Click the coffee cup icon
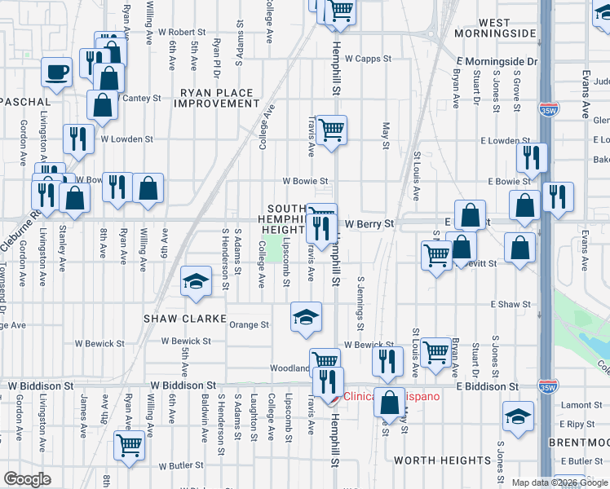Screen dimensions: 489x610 tap(57, 72)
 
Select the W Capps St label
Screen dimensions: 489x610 tap(368, 59)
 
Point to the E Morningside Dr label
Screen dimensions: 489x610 tap(497, 61)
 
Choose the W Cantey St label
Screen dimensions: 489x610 tap(139, 98)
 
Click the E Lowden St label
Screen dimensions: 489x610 tap(488, 140)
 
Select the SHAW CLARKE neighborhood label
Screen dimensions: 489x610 tap(179, 318)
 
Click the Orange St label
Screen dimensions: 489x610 tap(248, 324)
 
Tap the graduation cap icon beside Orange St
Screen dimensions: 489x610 tap(306, 317)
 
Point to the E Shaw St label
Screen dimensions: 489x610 tap(511, 304)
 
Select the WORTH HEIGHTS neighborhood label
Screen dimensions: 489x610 tap(442, 460)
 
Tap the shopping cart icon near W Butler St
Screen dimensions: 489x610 tap(129, 445)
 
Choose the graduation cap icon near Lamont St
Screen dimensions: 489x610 tap(518, 416)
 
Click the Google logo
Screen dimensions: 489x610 tap(28, 479)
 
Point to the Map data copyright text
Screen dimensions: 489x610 tap(559, 482)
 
